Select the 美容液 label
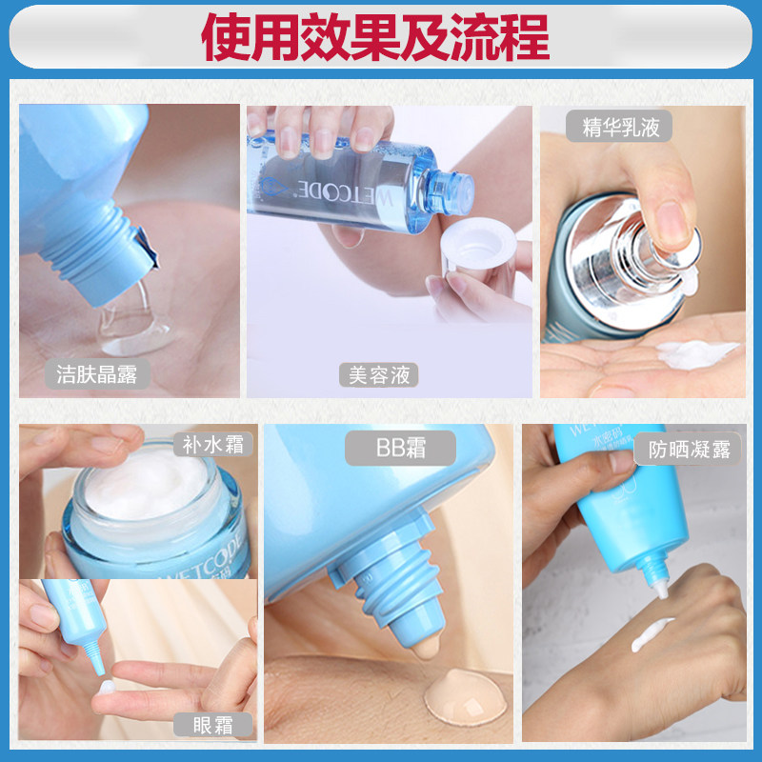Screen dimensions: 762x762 [x=379, y=374]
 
